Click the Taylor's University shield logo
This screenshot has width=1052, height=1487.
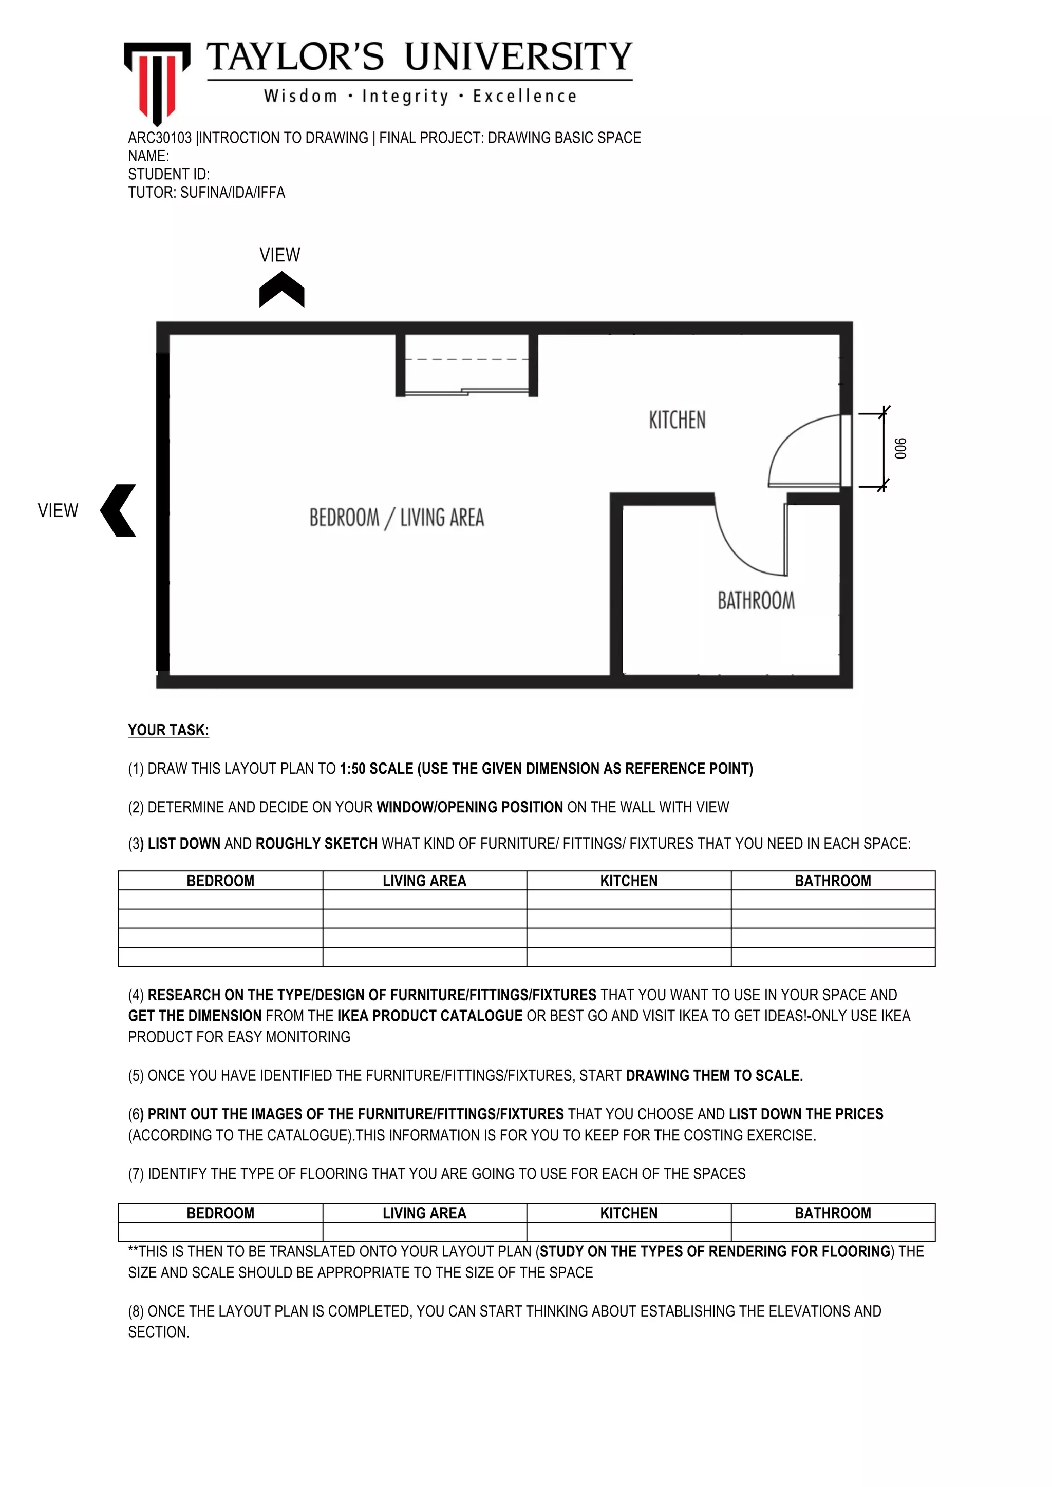tap(157, 81)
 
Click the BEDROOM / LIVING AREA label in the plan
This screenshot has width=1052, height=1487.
tap(397, 518)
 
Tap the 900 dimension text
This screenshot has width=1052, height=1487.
tap(900, 448)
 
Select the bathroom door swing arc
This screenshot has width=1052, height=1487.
tap(739, 550)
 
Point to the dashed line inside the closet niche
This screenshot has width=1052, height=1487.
tap(466, 359)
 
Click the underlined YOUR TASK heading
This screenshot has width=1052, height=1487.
tap(168, 730)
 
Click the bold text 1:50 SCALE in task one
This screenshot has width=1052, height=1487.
tap(375, 769)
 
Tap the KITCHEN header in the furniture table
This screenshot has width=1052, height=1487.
tap(628, 881)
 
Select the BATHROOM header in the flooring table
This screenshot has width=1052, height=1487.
tap(832, 1213)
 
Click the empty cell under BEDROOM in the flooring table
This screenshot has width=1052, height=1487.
tap(220, 1232)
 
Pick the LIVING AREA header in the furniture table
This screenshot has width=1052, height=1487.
tap(424, 881)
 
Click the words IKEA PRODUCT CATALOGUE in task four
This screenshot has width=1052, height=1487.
tap(429, 1016)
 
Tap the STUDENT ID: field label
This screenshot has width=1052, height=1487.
tap(168, 174)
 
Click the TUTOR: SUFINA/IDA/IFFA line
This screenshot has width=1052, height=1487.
tap(206, 193)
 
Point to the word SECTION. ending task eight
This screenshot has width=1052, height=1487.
tap(159, 1332)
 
